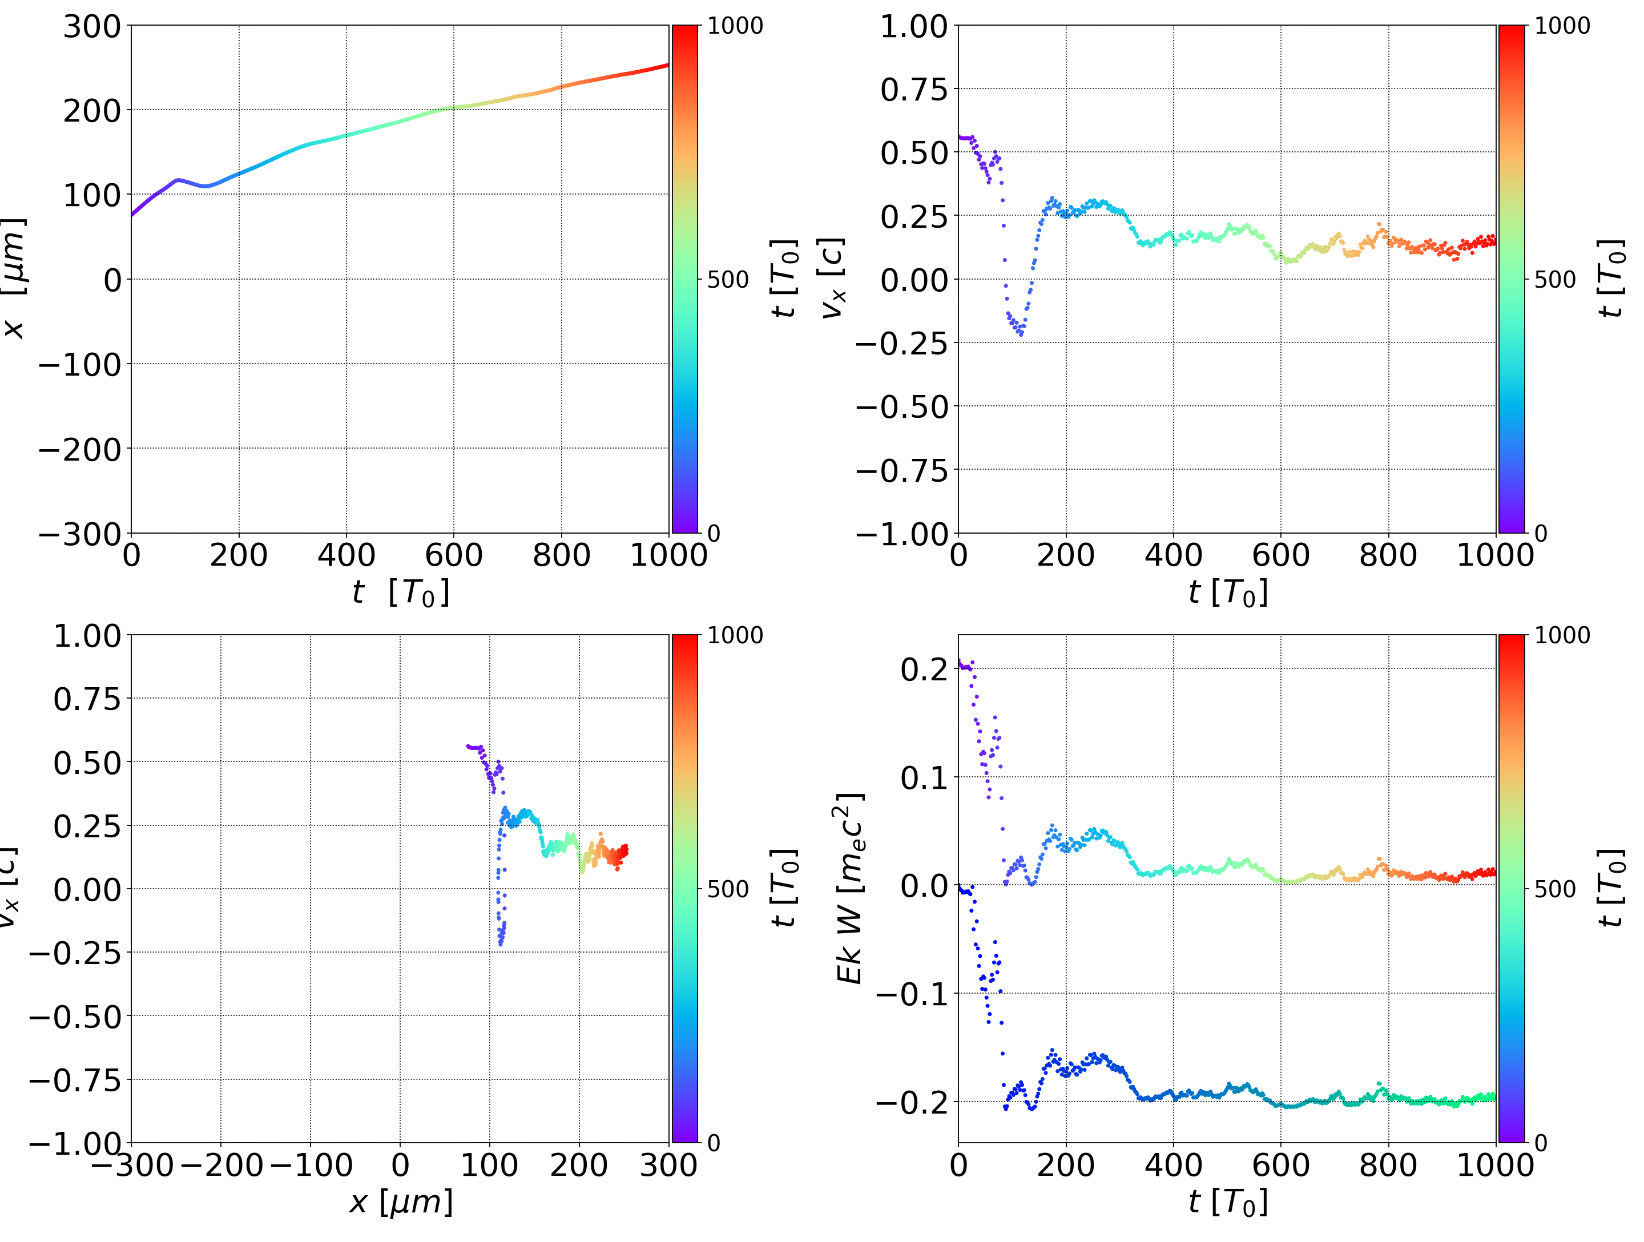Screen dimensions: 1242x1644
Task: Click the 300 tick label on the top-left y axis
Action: click(91, 27)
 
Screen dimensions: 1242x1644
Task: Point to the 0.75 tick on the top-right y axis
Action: click(914, 90)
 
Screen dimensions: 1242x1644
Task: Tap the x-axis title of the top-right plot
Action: click(1228, 592)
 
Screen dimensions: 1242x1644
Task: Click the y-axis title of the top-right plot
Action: click(832, 279)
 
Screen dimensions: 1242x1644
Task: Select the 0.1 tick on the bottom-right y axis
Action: click(924, 778)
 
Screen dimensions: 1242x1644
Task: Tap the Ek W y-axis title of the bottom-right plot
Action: click(849, 888)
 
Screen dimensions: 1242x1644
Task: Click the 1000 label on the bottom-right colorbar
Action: click(1562, 635)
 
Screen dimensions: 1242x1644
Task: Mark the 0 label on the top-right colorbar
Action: click(1541, 534)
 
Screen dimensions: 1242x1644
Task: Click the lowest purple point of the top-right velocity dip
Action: click(1021, 334)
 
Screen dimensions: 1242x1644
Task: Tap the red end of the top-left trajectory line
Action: click(666, 66)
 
